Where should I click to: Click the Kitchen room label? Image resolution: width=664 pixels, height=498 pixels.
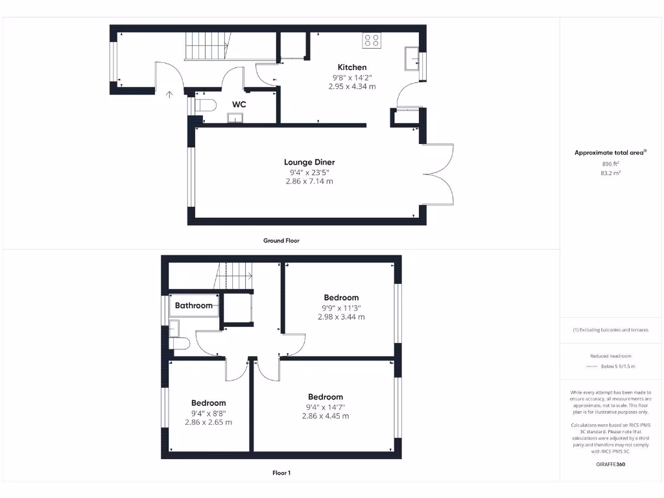click(352, 67)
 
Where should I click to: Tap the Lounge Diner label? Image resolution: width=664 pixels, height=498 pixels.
click(309, 162)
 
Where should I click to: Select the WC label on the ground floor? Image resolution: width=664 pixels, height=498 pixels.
click(239, 104)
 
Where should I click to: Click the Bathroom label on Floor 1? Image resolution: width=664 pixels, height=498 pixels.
click(194, 305)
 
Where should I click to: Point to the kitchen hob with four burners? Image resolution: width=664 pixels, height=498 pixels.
click(372, 40)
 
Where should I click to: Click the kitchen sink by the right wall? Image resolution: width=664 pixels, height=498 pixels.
click(412, 59)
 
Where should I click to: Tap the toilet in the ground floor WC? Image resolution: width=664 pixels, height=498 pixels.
click(204, 105)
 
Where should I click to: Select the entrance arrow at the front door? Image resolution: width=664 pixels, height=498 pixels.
click(170, 95)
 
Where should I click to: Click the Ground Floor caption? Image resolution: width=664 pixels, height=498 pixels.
click(281, 241)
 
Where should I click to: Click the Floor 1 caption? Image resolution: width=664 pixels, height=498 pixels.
click(281, 473)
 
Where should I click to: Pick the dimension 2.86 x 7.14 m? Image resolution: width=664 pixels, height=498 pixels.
click(309, 182)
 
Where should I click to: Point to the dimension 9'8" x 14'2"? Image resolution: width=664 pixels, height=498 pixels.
click(352, 77)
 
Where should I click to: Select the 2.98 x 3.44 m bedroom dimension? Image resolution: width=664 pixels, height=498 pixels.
click(341, 317)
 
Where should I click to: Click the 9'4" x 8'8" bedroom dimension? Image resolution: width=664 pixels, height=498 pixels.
click(208, 412)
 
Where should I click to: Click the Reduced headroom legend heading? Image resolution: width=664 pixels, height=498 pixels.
click(611, 356)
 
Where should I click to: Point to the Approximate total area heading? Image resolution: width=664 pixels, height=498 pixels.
click(610, 152)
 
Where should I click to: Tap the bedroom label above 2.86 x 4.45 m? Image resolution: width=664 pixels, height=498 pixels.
click(326, 397)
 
